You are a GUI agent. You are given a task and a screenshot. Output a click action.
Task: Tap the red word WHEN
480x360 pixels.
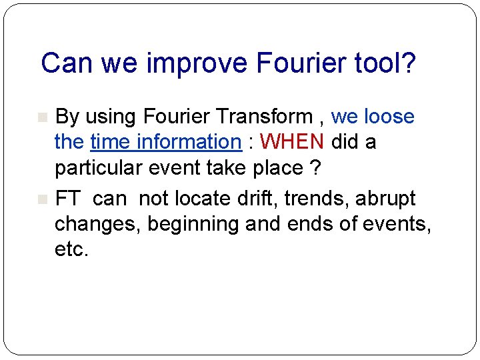tap(292, 142)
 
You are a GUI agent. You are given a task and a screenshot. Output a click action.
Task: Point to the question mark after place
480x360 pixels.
tap(315, 168)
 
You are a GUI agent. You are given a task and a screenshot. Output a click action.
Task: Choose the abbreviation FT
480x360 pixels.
tap(69, 199)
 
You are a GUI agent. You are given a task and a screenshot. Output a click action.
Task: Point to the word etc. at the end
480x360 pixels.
tap(71, 249)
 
